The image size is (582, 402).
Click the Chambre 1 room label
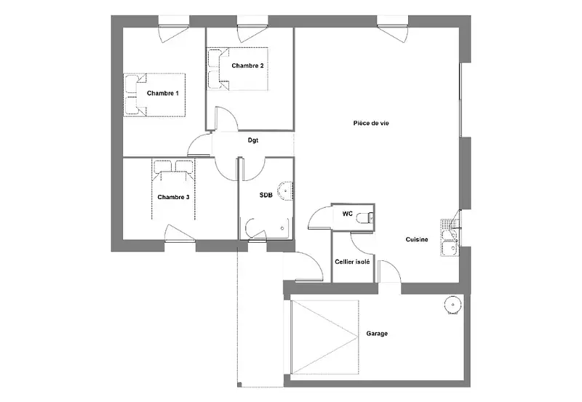pos(162,93)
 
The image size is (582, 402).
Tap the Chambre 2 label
pos(247,65)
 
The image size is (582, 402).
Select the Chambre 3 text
pos(173,197)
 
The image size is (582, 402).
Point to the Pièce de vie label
pos(371,123)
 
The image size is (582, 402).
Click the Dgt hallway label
pos(252,140)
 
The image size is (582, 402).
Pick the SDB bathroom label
pos(266,195)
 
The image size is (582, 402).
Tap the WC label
pos(348,214)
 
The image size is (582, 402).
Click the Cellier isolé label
pos(352,262)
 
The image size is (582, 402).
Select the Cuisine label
pos(416,240)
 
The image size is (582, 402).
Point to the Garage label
pos(377,334)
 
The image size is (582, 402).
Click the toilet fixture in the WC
pos(366,217)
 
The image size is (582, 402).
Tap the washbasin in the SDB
pos(285,190)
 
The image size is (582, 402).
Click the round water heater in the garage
pos(453,304)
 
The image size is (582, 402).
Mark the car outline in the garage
pos(325,337)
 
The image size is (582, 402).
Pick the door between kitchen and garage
pos(390,272)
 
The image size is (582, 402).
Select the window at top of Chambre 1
pos(174,30)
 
